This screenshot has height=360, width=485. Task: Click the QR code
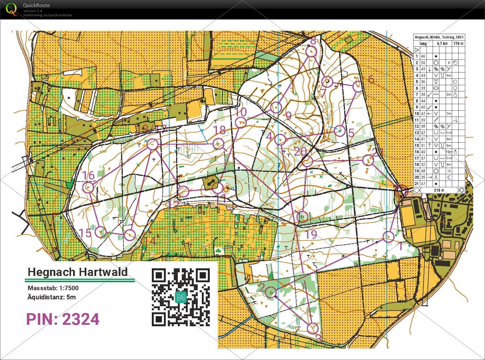point(181,297)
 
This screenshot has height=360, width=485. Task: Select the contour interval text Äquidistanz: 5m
point(52,297)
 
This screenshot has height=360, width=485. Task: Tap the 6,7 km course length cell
point(442,43)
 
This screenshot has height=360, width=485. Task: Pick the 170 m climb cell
point(458,43)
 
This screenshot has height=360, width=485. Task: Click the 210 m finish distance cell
point(439,190)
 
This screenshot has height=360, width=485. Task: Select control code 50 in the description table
point(423,63)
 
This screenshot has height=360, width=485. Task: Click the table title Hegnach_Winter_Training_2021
point(439,37)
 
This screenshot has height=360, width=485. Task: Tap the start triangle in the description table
point(417,50)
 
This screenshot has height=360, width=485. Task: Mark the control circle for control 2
point(271,292)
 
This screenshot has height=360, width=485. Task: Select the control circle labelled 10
point(241,122)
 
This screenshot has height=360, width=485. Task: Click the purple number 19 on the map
point(311,235)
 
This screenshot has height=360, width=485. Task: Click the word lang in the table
point(423,43)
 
